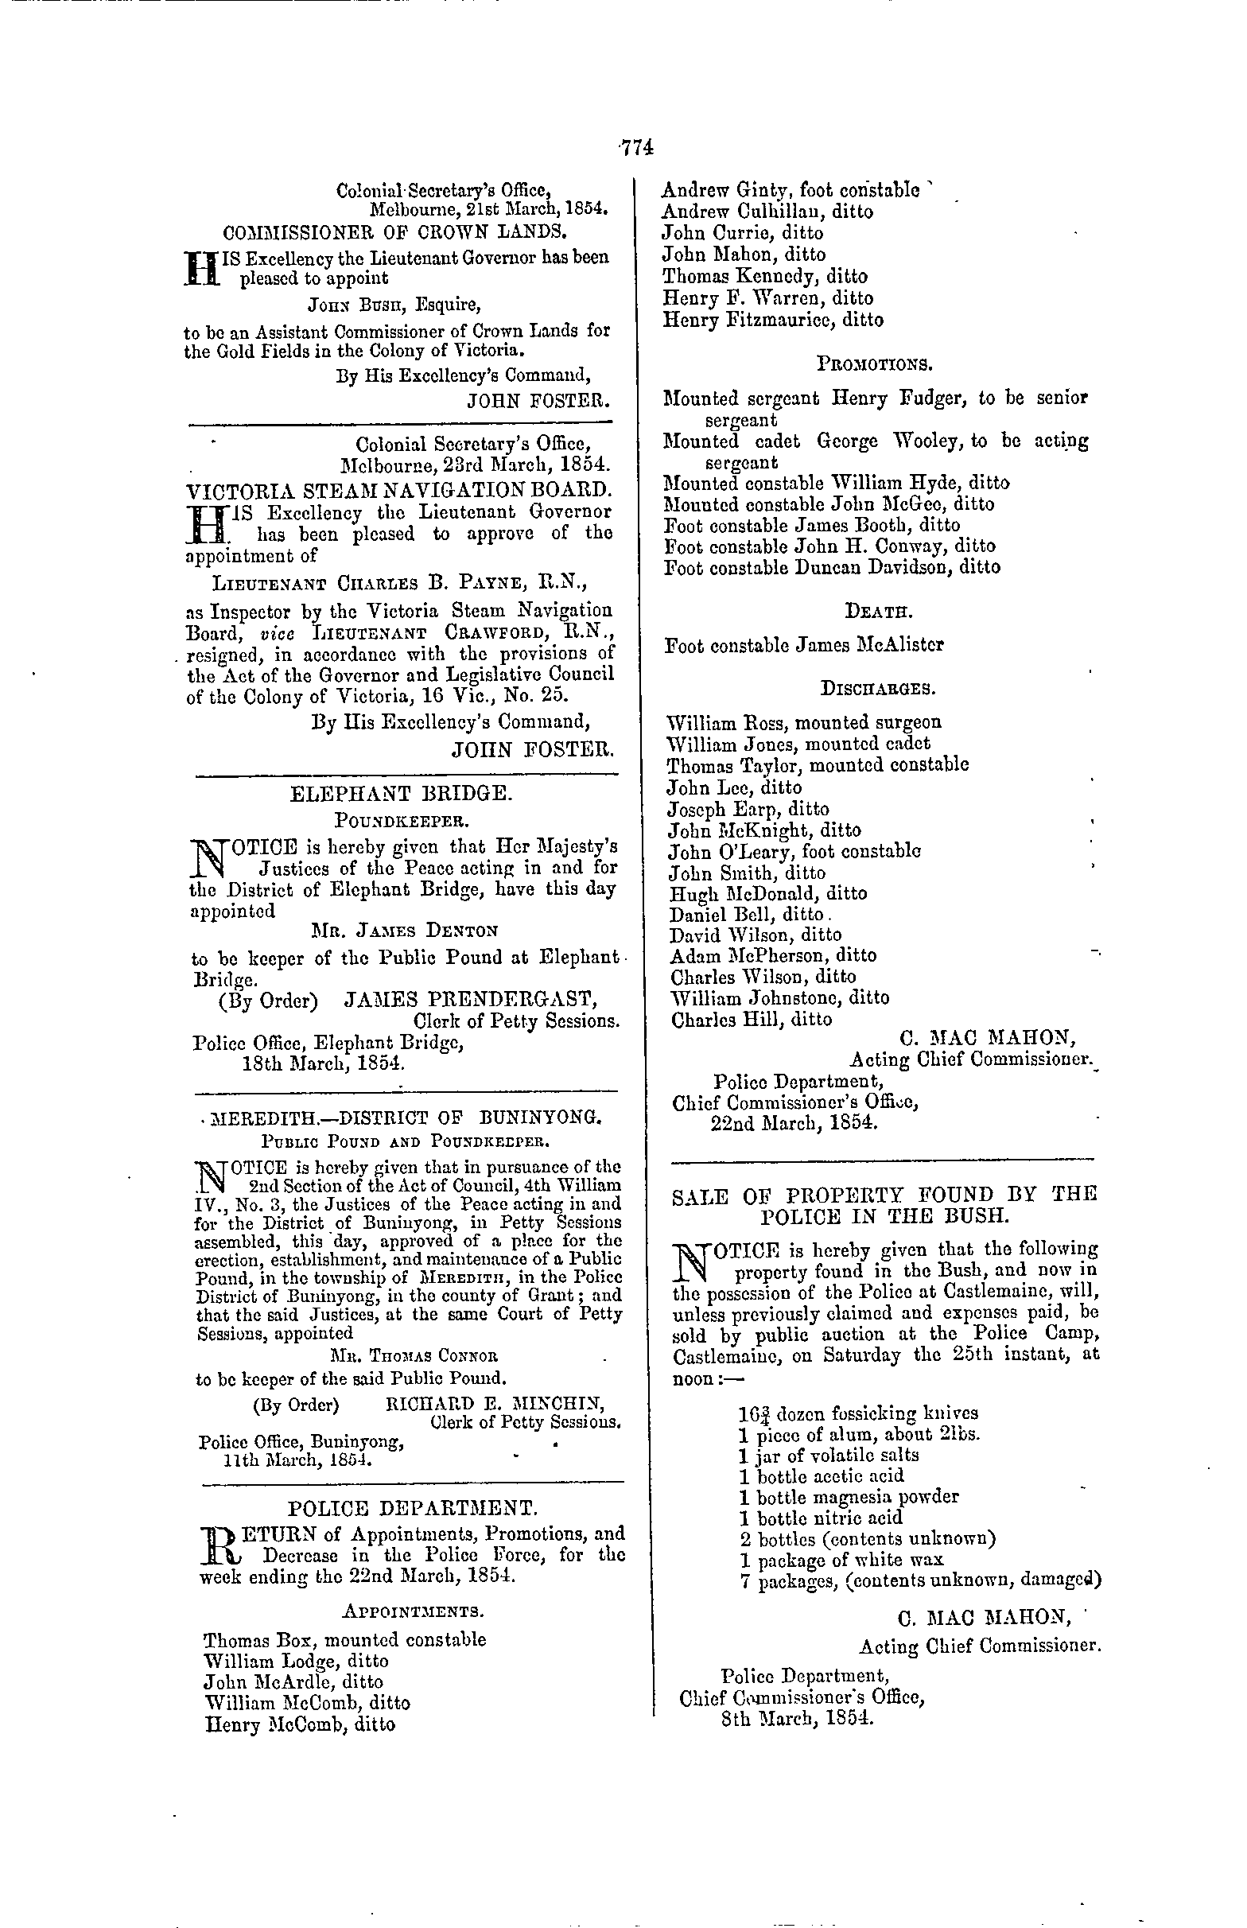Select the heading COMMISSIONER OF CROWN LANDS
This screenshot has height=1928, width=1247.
[394, 231]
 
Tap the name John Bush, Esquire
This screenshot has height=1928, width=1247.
[394, 305]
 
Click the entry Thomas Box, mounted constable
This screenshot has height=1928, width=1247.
[345, 1640]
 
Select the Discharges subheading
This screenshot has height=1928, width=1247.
[878, 689]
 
